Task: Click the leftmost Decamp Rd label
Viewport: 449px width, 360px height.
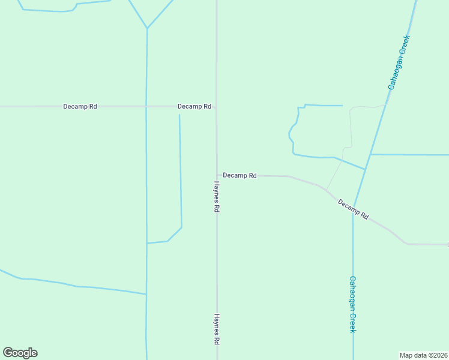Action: click(x=80, y=106)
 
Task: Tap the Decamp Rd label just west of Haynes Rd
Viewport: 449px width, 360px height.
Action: click(x=194, y=106)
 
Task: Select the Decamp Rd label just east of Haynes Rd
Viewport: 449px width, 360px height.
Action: click(x=240, y=175)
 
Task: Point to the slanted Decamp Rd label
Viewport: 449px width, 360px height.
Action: click(x=353, y=209)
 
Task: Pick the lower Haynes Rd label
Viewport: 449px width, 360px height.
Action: click(x=216, y=329)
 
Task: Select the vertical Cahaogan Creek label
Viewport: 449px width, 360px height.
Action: click(x=353, y=304)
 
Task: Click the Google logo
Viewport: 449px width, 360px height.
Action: click(x=20, y=353)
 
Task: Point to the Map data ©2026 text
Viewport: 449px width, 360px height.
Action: click(x=423, y=355)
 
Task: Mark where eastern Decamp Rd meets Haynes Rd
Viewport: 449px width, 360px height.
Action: click(x=217, y=175)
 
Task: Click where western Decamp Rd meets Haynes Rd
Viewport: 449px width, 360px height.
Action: click(x=217, y=106)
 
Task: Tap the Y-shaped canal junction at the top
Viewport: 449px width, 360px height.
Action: click(x=146, y=28)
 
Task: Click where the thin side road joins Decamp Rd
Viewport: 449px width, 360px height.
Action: click(x=326, y=190)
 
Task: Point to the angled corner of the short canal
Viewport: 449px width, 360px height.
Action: click(x=181, y=227)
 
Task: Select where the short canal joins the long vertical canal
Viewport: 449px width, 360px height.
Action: click(x=146, y=243)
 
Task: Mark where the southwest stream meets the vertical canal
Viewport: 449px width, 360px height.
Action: click(x=146, y=294)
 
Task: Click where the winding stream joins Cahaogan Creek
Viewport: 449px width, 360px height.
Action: click(x=365, y=169)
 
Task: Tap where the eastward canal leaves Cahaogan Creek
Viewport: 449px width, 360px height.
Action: click(x=370, y=154)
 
